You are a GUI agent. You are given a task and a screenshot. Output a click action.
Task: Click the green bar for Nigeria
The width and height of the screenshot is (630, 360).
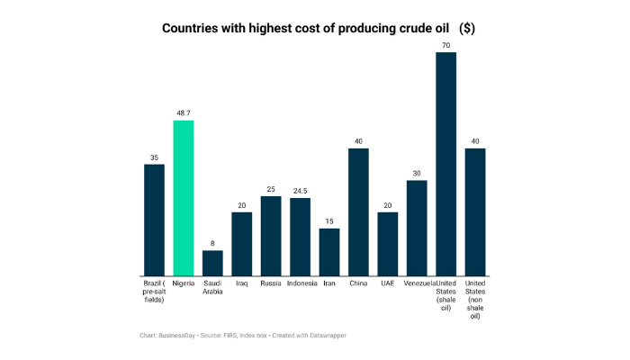click(x=184, y=198)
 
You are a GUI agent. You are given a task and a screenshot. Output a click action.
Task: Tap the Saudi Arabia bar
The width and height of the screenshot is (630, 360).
click(x=212, y=263)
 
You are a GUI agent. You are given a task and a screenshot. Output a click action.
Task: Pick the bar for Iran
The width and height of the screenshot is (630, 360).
click(x=329, y=252)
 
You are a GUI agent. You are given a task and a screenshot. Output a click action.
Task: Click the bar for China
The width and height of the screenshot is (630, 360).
click(x=359, y=211)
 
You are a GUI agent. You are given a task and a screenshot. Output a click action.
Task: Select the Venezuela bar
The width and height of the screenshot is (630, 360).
click(x=417, y=228)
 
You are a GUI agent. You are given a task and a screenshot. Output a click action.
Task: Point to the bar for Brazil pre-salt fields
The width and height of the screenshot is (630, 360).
click(x=154, y=220)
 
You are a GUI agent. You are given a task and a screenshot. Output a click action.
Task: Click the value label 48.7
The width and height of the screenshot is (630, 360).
click(x=184, y=113)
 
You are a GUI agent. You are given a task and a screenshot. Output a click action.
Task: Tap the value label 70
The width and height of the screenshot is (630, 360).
click(x=446, y=45)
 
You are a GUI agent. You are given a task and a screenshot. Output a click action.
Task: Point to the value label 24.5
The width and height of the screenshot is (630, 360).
click(x=301, y=191)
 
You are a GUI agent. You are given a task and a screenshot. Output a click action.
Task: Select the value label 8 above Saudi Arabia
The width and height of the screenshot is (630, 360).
click(x=212, y=243)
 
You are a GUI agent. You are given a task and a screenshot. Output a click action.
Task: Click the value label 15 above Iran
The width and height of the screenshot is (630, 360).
click(x=329, y=221)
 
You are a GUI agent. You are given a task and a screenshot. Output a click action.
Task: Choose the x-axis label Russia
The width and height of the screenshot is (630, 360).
click(x=271, y=283)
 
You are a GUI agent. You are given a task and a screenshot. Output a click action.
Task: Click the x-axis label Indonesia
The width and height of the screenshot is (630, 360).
click(x=301, y=283)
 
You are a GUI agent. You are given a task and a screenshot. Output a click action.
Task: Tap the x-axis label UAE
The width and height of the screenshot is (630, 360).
click(x=388, y=283)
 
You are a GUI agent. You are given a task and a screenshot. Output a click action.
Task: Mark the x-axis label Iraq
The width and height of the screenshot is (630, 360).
click(x=242, y=283)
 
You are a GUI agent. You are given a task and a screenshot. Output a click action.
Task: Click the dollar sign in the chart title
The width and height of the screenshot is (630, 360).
click(x=466, y=28)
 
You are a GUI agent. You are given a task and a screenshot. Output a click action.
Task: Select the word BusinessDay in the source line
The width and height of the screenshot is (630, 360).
click(x=184, y=335)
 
